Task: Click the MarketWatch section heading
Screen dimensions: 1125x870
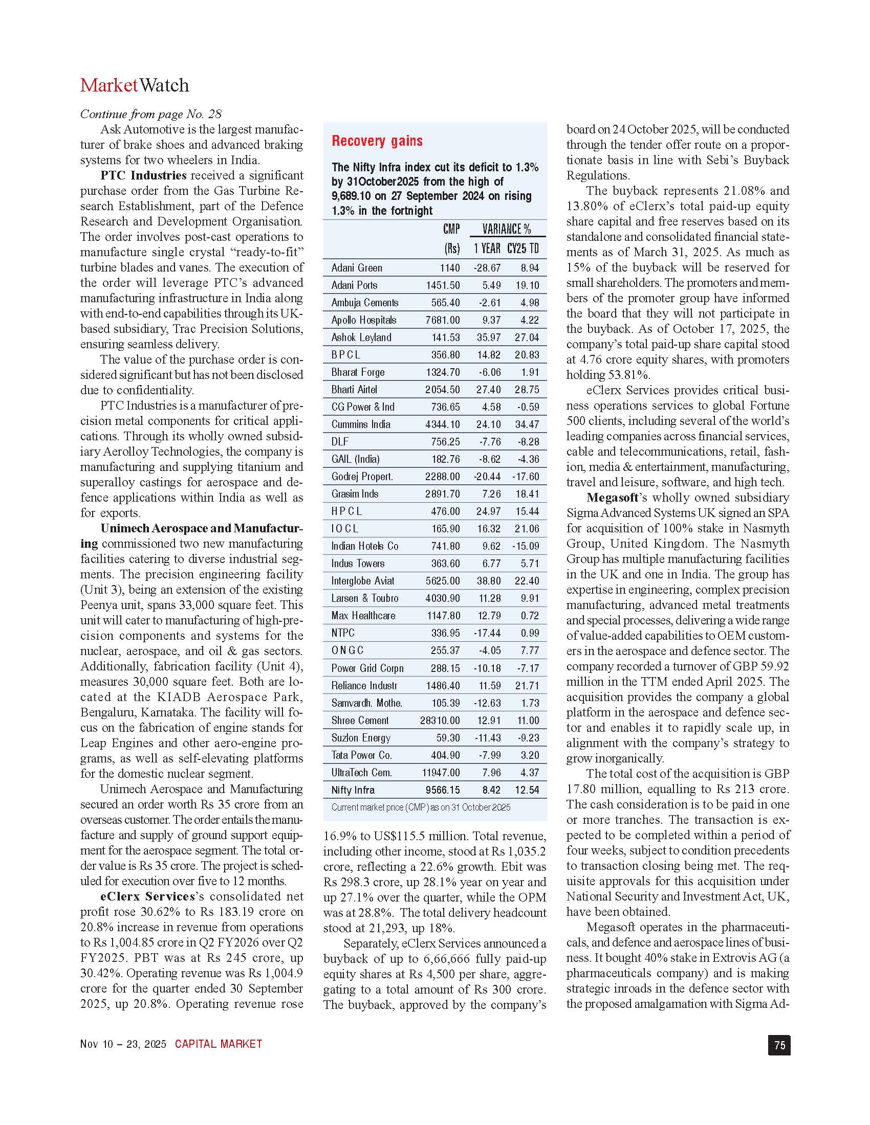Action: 135,85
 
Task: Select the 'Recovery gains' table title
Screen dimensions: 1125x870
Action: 377,141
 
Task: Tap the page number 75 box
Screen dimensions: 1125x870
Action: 779,1045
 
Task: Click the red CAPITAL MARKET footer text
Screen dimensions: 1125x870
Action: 219,1044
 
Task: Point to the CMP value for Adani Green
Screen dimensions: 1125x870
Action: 450,268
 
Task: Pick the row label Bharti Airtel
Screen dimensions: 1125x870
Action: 354,390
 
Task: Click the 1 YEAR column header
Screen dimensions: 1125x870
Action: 487,249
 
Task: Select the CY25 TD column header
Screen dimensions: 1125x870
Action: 523,249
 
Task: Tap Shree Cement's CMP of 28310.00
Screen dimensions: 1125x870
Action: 440,721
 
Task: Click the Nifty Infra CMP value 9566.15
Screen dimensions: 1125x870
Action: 443,790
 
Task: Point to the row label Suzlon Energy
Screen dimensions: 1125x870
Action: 361,738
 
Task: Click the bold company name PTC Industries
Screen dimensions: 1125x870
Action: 143,175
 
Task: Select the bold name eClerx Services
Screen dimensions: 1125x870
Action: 148,896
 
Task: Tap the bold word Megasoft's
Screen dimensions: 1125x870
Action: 615,498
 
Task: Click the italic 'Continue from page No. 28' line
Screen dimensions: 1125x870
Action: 150,114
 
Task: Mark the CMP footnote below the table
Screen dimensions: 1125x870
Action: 421,807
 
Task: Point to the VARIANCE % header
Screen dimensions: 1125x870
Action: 506,229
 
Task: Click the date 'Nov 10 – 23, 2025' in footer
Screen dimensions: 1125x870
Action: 123,1044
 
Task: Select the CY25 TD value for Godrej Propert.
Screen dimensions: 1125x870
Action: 526,477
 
